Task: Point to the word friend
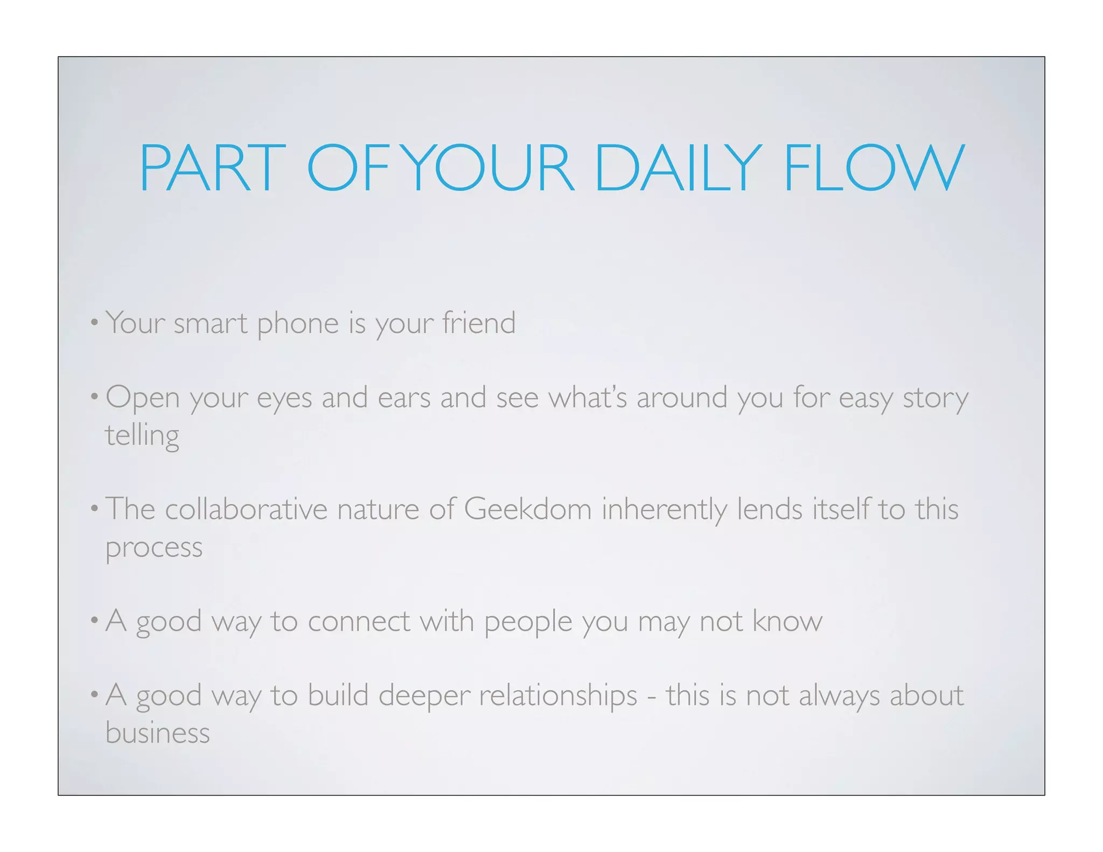tap(479, 323)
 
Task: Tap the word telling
tap(142, 436)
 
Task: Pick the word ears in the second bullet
tap(404, 397)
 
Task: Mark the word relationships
tap(558, 695)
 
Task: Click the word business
tap(157, 732)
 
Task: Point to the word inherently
tap(664, 509)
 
